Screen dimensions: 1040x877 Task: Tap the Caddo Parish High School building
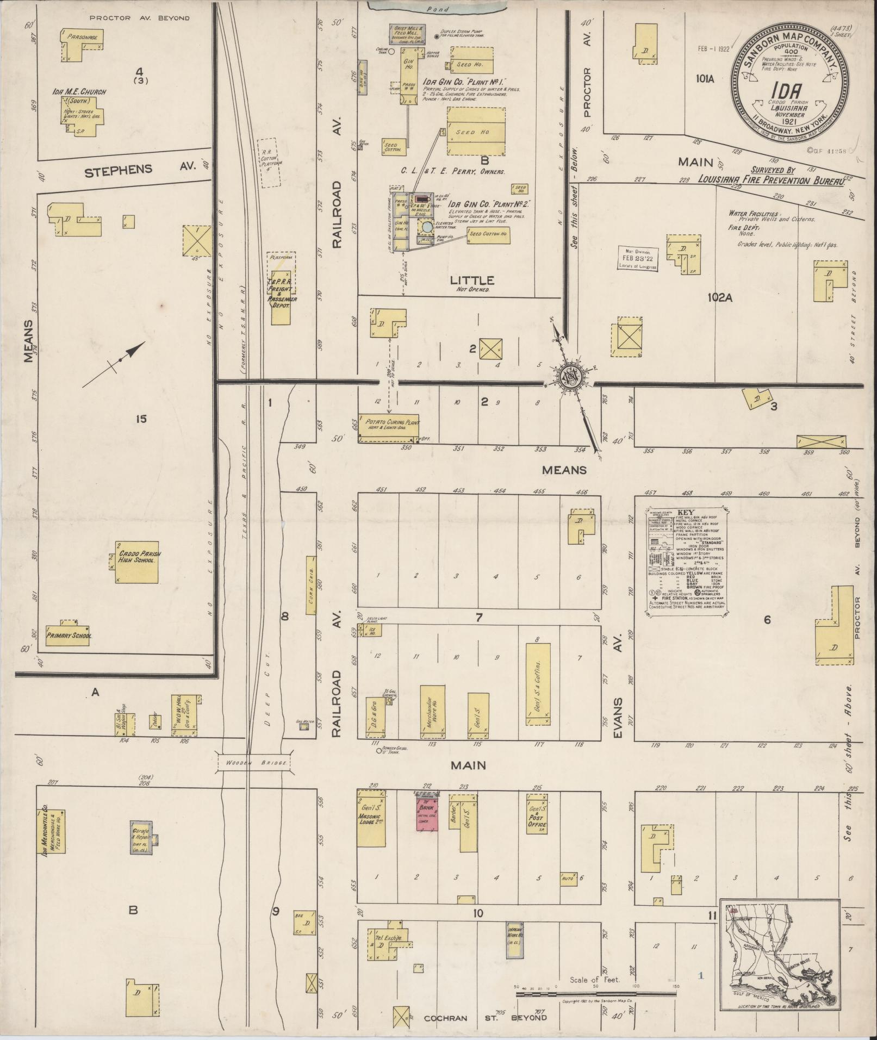click(137, 562)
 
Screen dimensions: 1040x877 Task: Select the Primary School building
click(69, 634)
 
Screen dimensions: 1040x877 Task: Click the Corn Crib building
click(312, 585)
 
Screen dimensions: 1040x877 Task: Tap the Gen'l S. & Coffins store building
click(537, 684)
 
